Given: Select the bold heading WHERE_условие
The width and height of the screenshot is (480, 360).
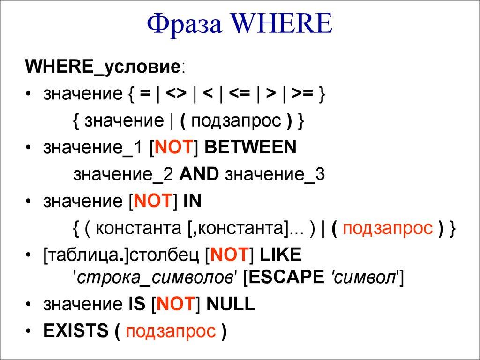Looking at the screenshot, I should pyautogui.click(x=103, y=67).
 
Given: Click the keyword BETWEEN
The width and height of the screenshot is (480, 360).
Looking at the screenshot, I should pyautogui.click(x=250, y=148).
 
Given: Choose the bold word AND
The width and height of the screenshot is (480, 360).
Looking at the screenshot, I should pyautogui.click(x=199, y=174).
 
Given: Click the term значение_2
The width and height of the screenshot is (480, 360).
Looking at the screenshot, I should pyautogui.click(x=124, y=174).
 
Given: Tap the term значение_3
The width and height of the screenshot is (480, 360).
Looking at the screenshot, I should pyautogui.click(x=275, y=174).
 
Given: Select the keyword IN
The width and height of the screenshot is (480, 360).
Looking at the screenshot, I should pyautogui.click(x=192, y=201).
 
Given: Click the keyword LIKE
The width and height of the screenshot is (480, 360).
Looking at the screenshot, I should pyautogui.click(x=280, y=255).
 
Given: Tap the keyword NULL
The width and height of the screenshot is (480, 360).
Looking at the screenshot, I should pyautogui.click(x=230, y=305).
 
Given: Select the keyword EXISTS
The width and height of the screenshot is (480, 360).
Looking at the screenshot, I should pyautogui.click(x=75, y=331).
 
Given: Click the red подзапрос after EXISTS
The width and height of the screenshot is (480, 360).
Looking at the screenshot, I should pyautogui.click(x=171, y=331).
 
